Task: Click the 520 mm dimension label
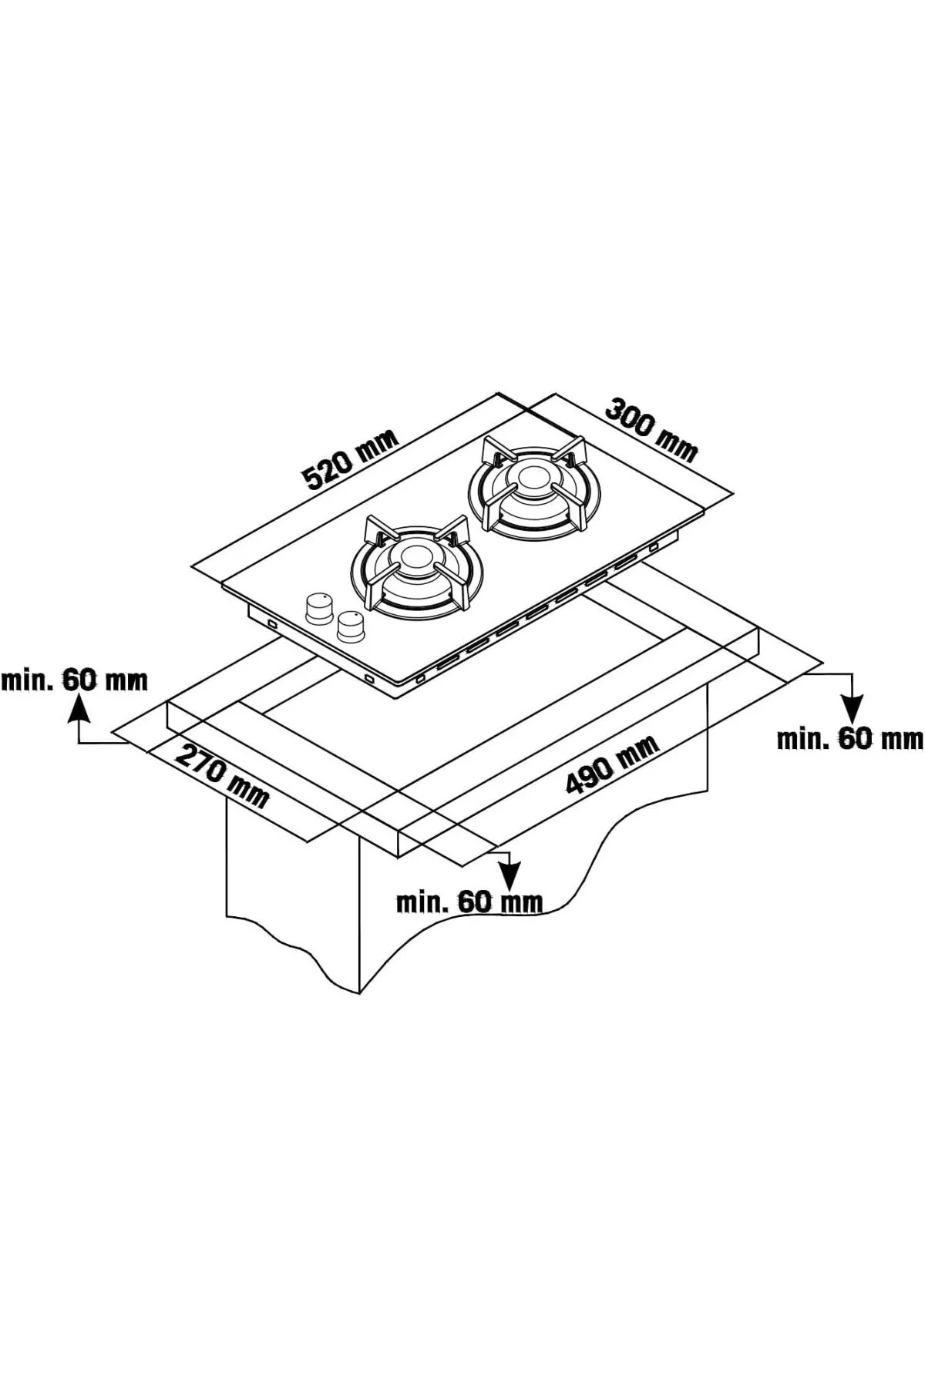pyautogui.click(x=351, y=460)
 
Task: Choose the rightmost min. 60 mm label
pyautogui.click(x=849, y=739)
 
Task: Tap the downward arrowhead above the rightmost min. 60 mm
pyautogui.click(x=853, y=710)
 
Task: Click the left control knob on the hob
pyautogui.click(x=318, y=608)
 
